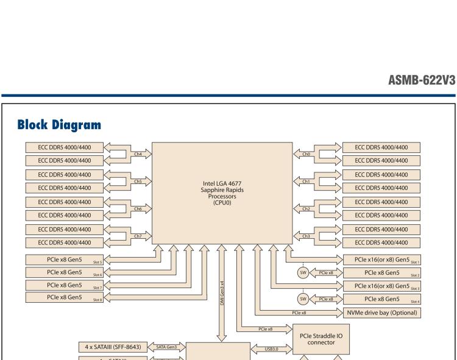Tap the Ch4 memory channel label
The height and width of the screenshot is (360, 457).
[138, 154]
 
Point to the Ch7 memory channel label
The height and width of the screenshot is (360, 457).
[138, 236]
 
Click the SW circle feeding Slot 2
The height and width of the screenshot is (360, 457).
[302, 272]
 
